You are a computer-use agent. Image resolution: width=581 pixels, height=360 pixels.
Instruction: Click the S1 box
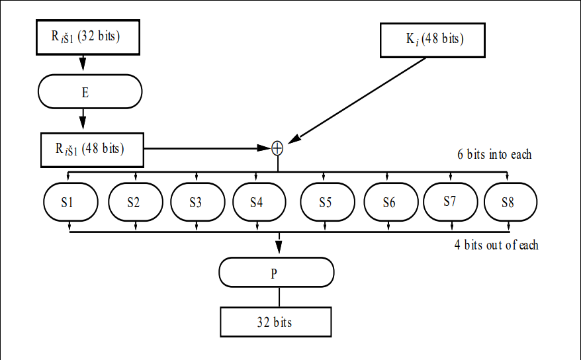point(70,202)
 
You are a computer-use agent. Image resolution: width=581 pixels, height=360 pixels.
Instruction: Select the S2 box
point(135,202)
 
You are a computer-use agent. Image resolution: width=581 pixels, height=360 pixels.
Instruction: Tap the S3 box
point(197,202)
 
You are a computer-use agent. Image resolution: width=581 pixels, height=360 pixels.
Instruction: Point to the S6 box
point(389,202)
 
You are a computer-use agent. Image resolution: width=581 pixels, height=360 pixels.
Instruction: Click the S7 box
point(451,201)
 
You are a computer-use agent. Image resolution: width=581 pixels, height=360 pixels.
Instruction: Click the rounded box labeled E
point(90,91)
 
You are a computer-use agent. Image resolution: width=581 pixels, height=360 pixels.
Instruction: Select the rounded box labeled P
point(277,273)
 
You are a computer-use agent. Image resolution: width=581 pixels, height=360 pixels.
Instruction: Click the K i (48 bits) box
point(433,40)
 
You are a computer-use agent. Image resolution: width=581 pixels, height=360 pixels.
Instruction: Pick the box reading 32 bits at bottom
point(275,322)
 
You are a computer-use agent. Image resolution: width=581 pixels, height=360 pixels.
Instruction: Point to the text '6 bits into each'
point(494,154)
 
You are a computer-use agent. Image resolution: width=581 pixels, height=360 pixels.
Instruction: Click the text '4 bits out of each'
point(496,245)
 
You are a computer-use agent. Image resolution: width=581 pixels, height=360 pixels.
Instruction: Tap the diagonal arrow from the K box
point(361,100)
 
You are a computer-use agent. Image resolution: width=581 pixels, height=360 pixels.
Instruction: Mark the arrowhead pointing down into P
point(279,247)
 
